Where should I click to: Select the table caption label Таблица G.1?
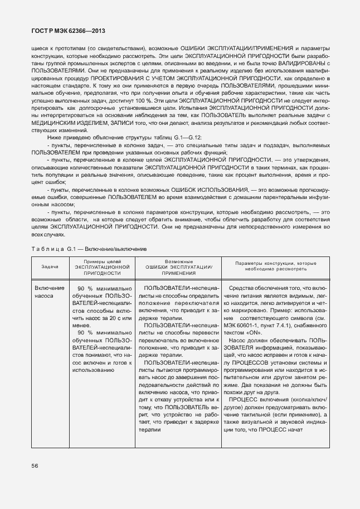[x=50, y=248]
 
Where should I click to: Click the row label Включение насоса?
[x=49, y=292]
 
